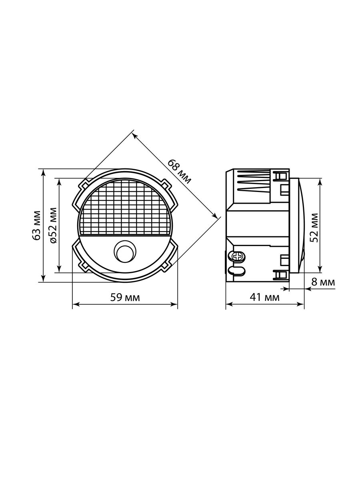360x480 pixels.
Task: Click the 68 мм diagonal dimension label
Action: point(180,172)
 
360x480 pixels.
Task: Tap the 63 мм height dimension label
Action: point(36,226)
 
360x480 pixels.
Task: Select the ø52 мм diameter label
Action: point(53,226)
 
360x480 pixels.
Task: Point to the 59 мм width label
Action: point(125,298)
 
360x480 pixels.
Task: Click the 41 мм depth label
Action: point(264,297)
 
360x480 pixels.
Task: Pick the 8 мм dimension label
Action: point(323,282)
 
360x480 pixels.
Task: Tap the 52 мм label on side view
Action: point(314,228)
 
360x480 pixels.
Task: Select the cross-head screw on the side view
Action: point(237,256)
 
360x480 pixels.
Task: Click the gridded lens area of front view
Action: point(125,208)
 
